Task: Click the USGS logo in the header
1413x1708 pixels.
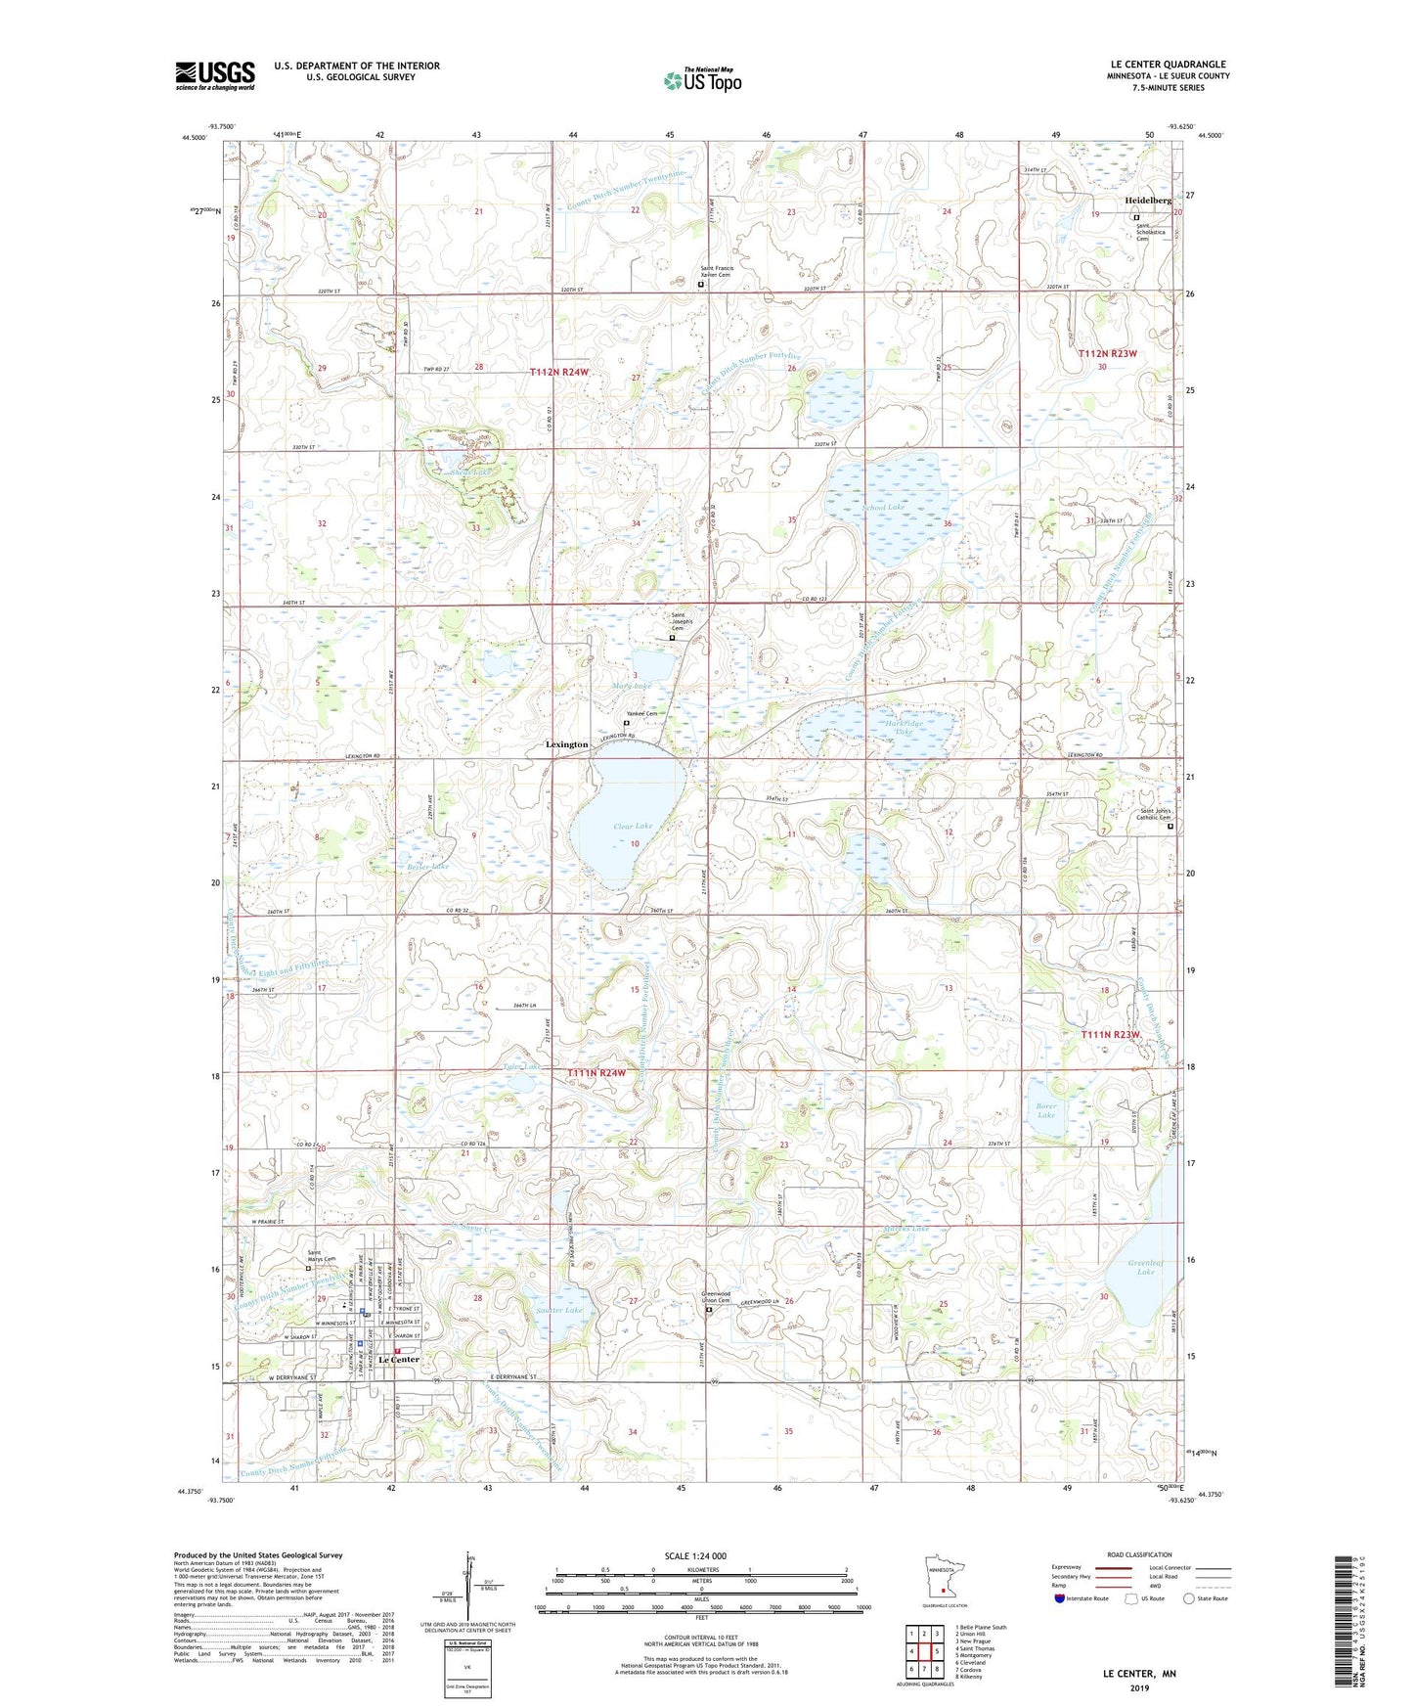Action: click(215, 75)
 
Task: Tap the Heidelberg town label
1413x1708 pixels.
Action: click(1148, 201)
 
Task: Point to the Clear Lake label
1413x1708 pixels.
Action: click(632, 826)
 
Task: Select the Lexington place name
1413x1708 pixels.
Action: click(567, 744)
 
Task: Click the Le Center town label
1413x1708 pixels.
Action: click(398, 1360)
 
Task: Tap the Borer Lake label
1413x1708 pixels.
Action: click(1046, 1110)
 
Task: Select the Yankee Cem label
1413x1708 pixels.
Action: click(641, 713)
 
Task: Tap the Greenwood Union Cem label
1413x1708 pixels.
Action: click(718, 1295)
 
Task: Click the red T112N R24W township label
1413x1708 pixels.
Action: click(560, 372)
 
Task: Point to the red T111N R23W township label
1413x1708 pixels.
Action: click(1111, 1034)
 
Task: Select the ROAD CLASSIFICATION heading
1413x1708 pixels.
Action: click(1138, 1554)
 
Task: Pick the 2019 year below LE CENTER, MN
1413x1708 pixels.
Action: click(1139, 1687)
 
